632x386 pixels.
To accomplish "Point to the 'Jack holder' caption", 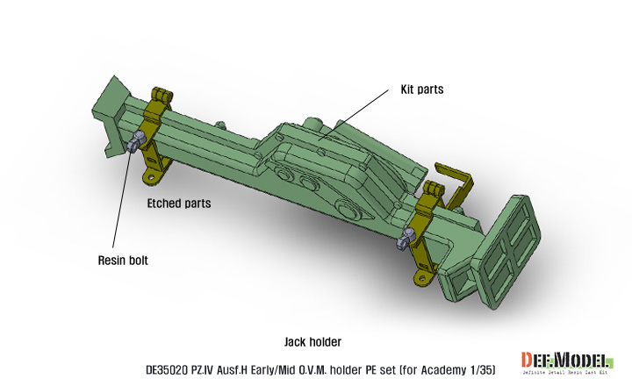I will (312, 341).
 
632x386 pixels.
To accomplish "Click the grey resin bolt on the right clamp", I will (406, 237).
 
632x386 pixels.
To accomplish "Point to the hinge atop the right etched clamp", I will (431, 188).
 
